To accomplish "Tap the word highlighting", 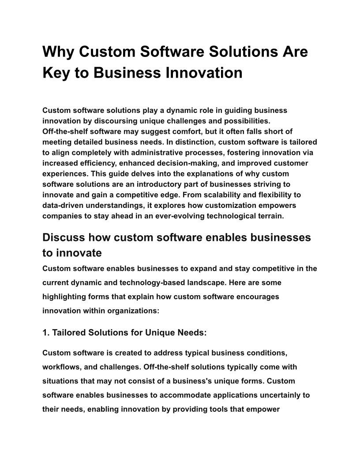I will (64, 297).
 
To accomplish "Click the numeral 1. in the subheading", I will (46, 333).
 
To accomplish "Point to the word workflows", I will (62, 367).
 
